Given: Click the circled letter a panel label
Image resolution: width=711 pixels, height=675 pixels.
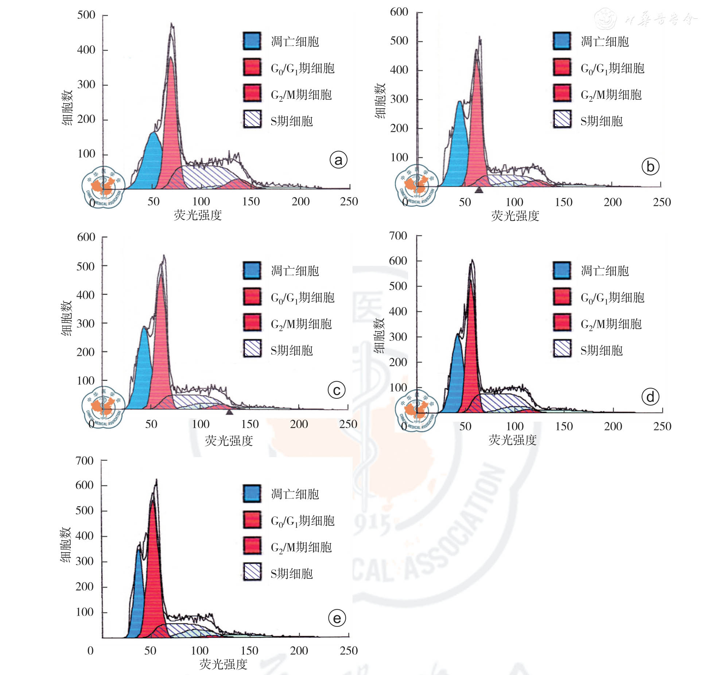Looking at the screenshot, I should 338,160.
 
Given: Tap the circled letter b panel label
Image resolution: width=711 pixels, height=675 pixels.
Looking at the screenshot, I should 650,167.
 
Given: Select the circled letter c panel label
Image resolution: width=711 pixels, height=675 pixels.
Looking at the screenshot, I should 337,390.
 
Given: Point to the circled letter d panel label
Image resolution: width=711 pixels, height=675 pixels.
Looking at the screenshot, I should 650,397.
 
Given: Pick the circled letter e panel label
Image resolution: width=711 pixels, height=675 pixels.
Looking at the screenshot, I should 337,618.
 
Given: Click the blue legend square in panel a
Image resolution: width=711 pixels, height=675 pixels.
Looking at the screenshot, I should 252,41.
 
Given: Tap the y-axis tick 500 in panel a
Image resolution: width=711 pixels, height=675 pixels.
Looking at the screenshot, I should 86,15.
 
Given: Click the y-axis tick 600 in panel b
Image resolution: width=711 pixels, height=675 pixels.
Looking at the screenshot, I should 399,12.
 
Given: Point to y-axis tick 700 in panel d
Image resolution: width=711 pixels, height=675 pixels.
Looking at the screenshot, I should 398,236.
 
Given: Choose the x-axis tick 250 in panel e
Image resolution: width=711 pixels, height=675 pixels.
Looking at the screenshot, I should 348,651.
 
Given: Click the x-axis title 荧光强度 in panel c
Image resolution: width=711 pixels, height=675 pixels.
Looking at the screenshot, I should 229,441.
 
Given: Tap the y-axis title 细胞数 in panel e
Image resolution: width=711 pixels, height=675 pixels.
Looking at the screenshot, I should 66,545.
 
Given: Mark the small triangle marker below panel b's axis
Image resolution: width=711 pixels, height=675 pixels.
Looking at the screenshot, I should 479,190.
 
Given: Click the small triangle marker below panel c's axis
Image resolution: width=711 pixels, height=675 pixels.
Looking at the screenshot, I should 229,412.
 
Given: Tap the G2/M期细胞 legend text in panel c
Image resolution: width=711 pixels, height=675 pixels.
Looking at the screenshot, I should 301,324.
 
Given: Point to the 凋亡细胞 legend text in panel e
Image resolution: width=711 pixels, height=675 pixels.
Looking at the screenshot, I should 295,494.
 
